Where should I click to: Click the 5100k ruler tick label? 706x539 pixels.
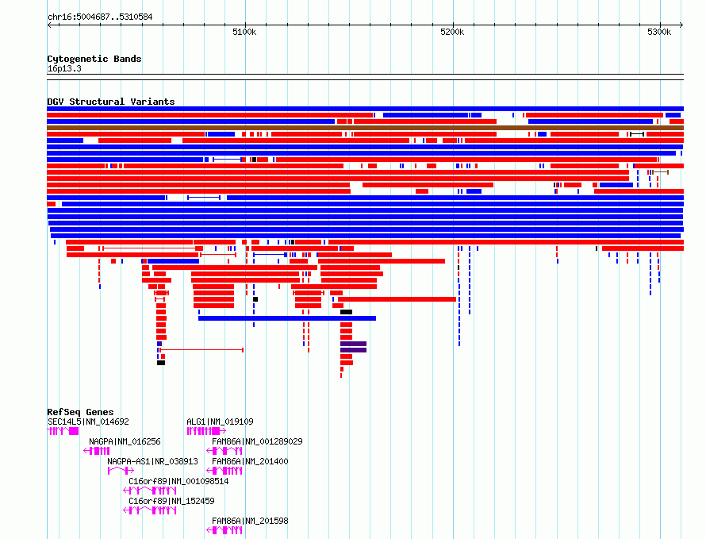(244, 32)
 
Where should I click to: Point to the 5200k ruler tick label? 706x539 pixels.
(452, 32)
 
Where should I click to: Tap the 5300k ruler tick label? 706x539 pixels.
(659, 32)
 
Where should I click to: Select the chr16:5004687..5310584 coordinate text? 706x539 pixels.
(100, 17)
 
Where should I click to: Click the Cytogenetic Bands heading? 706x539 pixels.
(94, 59)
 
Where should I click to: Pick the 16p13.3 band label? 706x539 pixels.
(64, 68)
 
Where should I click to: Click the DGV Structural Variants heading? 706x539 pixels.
(111, 102)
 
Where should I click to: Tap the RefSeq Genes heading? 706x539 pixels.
(80, 412)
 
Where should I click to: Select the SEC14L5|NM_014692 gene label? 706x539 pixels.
(88, 422)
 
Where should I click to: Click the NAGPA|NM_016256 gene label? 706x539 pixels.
(125, 441)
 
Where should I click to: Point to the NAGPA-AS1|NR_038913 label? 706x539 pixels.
(152, 461)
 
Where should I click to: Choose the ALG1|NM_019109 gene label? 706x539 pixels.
(220, 422)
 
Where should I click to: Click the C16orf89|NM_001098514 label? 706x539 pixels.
(178, 481)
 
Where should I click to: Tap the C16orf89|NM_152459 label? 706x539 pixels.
(171, 501)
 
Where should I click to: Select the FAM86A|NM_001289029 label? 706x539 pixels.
(257, 441)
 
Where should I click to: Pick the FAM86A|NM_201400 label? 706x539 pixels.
(250, 461)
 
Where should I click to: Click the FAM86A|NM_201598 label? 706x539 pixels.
(250, 521)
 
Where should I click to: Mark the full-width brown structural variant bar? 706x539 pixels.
(365, 128)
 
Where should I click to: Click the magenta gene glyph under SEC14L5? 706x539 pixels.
(63, 431)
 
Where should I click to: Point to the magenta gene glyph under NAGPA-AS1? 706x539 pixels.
(121, 471)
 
